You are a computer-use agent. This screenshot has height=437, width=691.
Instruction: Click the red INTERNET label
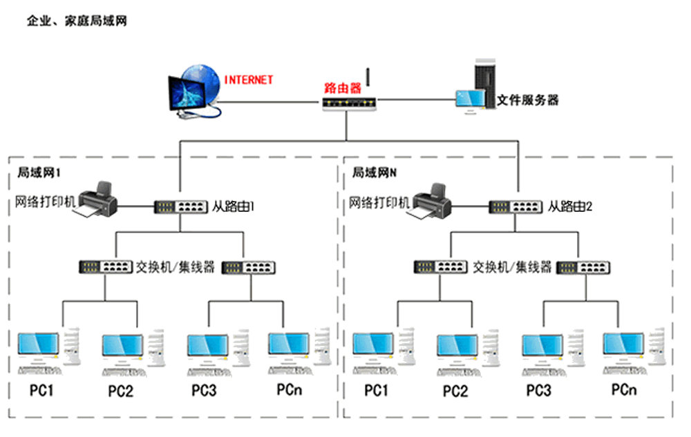tap(248, 80)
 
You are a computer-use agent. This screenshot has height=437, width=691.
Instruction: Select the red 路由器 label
tap(343, 88)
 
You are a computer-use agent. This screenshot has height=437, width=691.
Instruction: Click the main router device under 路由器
tap(350, 104)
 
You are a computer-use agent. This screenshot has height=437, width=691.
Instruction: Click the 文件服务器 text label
tap(528, 100)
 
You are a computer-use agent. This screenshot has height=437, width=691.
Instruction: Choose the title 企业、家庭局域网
tap(76, 21)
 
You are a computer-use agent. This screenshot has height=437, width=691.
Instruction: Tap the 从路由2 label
tap(571, 206)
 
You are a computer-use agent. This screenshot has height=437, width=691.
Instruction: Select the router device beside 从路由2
tap(515, 206)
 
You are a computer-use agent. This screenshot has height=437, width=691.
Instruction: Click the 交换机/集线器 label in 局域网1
tap(176, 266)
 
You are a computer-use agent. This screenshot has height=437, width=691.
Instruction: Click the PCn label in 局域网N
tap(623, 390)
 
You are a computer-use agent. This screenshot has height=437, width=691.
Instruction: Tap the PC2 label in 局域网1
tap(120, 391)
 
